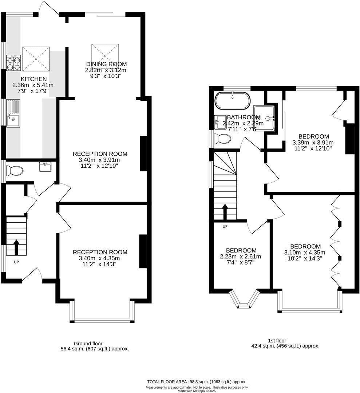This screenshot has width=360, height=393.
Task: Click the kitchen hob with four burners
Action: tap(13, 63)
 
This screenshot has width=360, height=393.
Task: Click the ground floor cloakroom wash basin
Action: tap(46, 167)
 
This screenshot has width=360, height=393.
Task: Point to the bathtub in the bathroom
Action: tap(232, 101)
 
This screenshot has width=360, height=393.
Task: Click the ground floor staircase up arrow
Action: tap(16, 248)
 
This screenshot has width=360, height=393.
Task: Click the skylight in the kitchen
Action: tap(36, 59)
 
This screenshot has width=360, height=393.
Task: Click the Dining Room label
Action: tap(106, 64)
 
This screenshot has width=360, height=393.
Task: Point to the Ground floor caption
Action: tap(88, 343)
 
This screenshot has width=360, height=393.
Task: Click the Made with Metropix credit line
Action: tap(197, 391)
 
